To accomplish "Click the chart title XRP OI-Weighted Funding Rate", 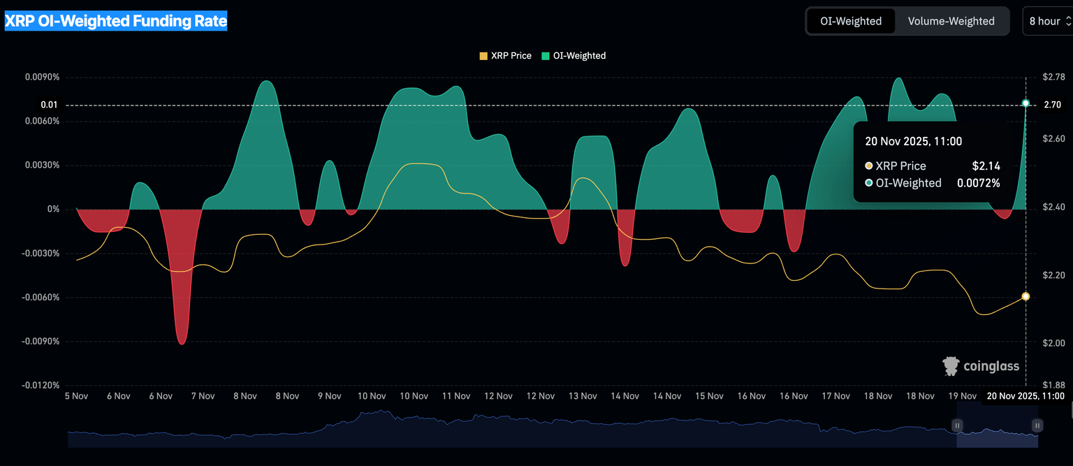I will coord(116,21).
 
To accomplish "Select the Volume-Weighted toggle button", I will coord(951,21).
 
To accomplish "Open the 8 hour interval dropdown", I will coord(1048,21).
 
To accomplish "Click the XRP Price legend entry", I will coord(505,55).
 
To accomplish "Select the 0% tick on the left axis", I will coord(53,209).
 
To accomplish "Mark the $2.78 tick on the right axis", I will coord(1053,76).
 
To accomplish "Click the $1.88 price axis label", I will coord(1053,385).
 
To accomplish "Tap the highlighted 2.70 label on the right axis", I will coord(1052,105).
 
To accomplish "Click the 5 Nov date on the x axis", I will coord(76,396).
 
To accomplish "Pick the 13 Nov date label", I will coord(583,396).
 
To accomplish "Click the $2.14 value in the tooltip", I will coord(986,166).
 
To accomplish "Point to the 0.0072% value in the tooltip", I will coord(978,183).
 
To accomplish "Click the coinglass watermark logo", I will coord(981,365).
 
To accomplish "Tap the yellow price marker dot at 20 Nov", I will coord(1025,296).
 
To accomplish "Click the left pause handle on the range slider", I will coord(958,425).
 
